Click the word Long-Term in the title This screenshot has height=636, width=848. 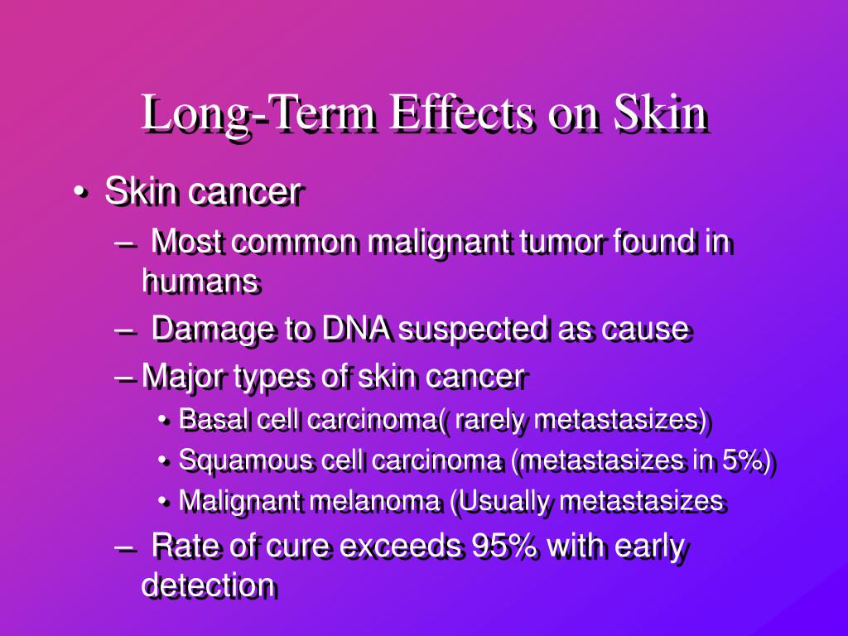pos(259,114)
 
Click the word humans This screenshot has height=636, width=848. pos(200,282)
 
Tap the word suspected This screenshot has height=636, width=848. pos(473,330)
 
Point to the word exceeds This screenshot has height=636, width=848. pos(401,547)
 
